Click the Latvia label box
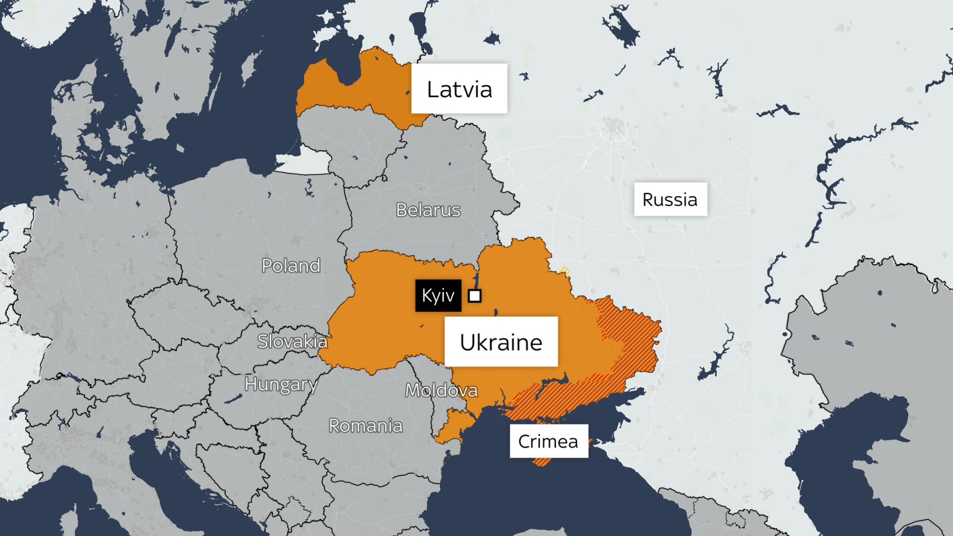point(459,88)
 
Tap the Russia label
point(670,199)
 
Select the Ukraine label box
point(501,342)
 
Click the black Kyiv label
point(438,295)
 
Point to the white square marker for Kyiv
point(475,296)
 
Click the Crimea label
point(548,441)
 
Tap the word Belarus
point(428,210)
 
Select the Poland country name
point(291,266)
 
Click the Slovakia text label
point(292,342)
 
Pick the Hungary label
point(281,384)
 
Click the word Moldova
point(441,390)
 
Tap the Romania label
point(365,426)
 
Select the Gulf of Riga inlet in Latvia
point(347,65)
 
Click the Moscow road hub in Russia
point(613,128)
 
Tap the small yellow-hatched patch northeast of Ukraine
point(564,271)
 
